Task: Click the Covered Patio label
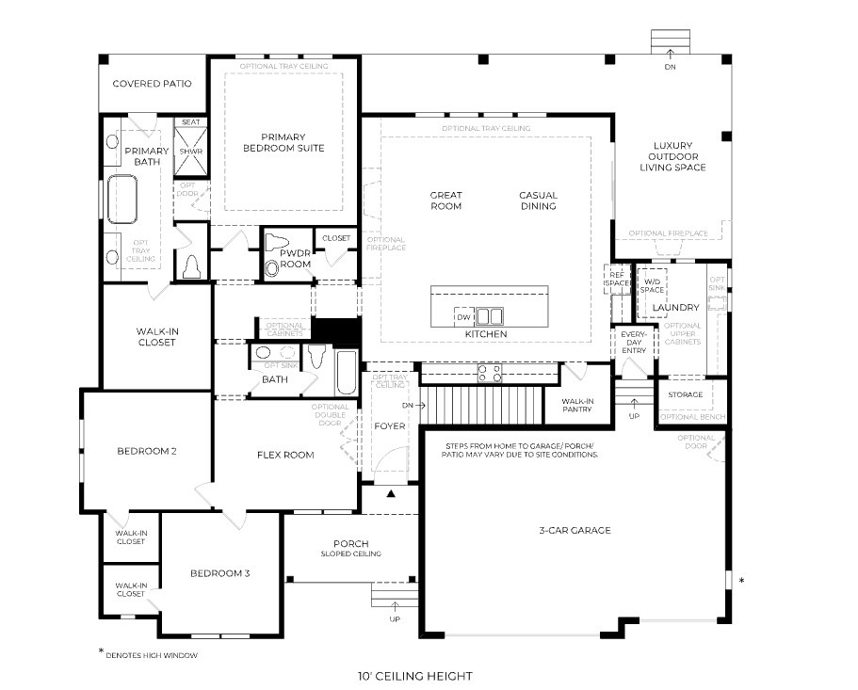coord(152,84)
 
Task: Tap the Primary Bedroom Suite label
coord(283,141)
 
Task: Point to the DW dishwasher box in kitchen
coord(464,317)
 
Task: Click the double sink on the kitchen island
coord(490,316)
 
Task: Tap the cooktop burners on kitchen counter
coord(489,373)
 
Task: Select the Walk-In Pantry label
coord(576,405)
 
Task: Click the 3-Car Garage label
coord(574,530)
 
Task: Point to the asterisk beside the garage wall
coord(742,582)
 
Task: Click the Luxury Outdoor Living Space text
coord(672,157)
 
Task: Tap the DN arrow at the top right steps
coord(670,54)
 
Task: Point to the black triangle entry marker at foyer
coord(392,492)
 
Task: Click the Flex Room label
coord(285,455)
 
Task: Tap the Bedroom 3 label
coord(219,573)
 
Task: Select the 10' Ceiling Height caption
coord(414,675)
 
